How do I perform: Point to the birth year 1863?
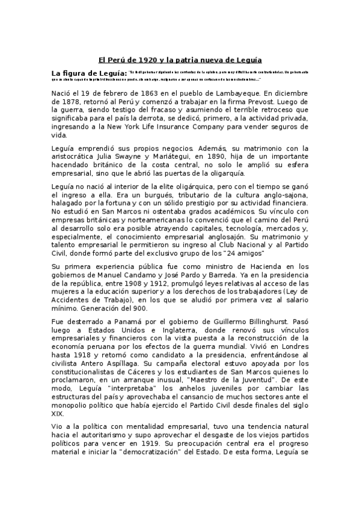(154, 93)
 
